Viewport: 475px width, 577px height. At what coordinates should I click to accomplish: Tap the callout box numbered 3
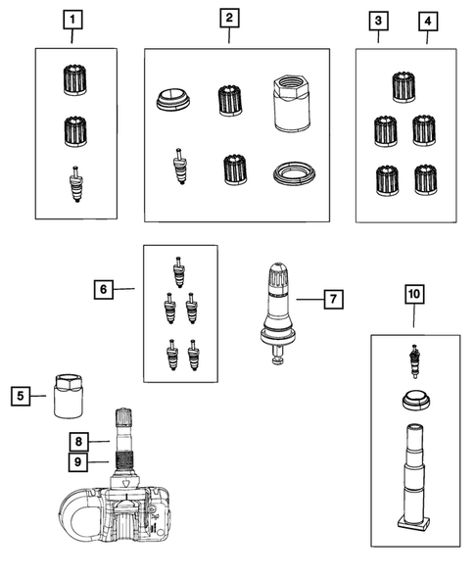pyautogui.click(x=378, y=20)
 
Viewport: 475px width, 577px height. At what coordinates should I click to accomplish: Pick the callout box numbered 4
pyautogui.click(x=427, y=20)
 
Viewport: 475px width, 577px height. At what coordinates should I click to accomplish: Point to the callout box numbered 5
pyautogui.click(x=20, y=396)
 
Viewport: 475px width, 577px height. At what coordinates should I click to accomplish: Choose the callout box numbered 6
pyautogui.click(x=103, y=289)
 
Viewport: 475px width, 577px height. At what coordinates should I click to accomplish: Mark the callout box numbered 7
pyautogui.click(x=334, y=299)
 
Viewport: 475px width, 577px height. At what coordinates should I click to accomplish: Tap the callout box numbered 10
pyautogui.click(x=412, y=293)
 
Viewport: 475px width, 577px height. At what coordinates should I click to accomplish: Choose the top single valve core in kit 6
pyautogui.click(x=177, y=268)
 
